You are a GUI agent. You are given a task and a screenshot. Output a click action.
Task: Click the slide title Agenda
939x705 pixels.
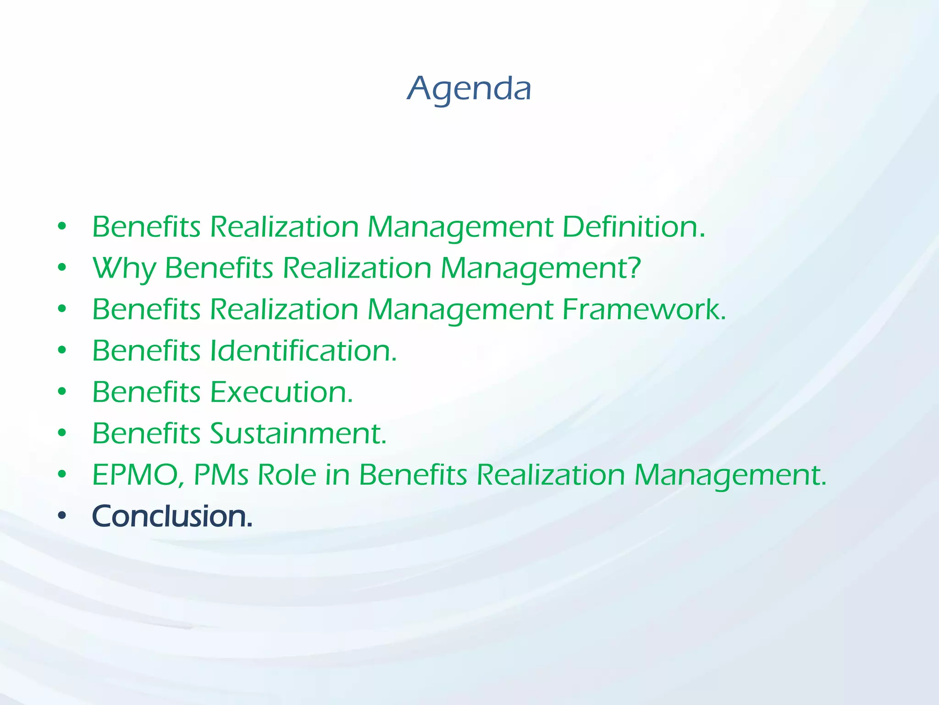click(469, 89)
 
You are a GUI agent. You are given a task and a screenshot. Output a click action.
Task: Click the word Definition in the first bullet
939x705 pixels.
click(633, 227)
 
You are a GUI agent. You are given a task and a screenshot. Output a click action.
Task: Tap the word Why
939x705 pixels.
click(124, 268)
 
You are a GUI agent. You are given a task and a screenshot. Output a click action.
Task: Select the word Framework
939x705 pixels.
click(644, 309)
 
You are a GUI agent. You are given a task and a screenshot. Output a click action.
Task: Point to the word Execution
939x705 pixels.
click(281, 392)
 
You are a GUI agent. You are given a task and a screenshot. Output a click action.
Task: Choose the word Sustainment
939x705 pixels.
click(298, 433)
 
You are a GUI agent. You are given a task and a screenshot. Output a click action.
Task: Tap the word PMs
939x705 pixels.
click(221, 475)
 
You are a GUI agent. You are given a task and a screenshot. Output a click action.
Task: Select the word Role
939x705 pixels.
click(287, 475)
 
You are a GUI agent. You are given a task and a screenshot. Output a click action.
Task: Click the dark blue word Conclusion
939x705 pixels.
click(172, 516)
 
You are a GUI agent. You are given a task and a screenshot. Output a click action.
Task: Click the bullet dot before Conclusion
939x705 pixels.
click(62, 516)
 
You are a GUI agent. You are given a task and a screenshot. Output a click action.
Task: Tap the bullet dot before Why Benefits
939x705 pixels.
click(62, 268)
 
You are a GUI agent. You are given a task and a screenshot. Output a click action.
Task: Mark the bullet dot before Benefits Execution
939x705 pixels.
click(62, 392)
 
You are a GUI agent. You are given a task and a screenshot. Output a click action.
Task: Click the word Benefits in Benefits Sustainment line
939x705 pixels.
click(146, 433)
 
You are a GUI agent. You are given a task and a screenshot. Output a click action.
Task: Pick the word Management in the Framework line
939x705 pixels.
click(460, 310)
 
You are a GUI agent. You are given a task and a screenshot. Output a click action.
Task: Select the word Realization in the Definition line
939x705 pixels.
click(284, 227)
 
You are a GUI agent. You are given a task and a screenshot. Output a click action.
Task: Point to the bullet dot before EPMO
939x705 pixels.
click(62, 474)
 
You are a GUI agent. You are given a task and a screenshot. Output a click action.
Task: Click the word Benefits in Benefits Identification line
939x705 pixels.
click(146, 351)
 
